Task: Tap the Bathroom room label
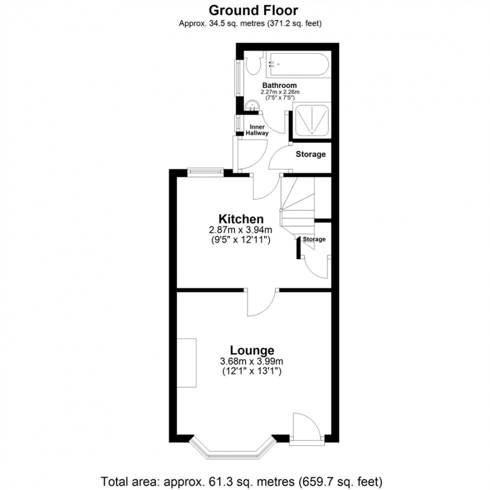coord(279,85)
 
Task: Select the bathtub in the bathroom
coord(297,64)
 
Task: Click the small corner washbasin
coord(253,105)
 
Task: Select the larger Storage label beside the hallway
coord(310,154)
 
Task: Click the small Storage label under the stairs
coord(315,239)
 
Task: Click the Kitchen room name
coord(240,219)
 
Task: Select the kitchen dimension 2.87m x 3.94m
coord(240,230)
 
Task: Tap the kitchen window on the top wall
coord(205,171)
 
